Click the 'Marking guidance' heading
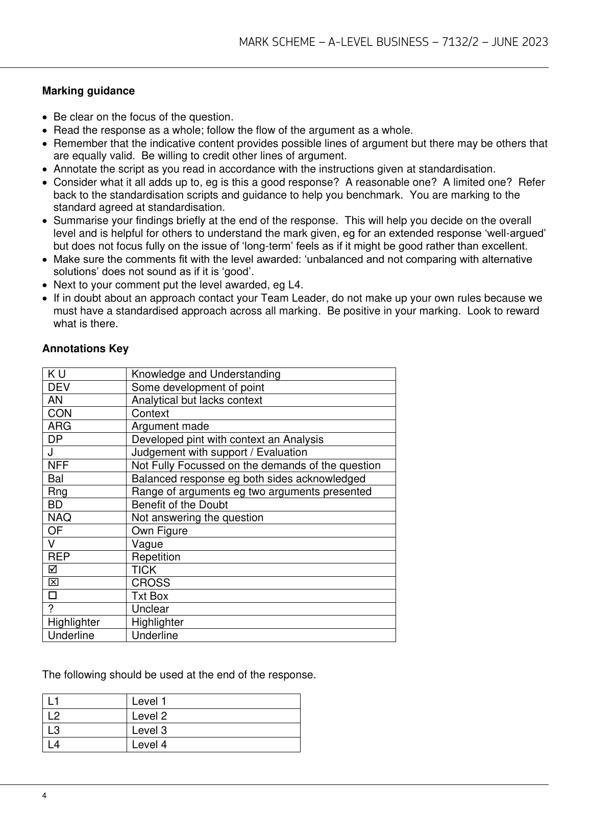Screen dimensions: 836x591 88,91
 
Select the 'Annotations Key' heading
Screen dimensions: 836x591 85,349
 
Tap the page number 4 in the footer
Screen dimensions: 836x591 45,796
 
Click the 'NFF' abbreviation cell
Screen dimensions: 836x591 58,465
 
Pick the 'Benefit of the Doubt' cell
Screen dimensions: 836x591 180,505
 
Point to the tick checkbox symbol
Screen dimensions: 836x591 52,570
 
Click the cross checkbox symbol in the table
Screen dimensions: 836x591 52,582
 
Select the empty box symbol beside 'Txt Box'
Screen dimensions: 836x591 52,596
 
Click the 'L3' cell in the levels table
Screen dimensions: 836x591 54,730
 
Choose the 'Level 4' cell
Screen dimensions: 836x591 149,745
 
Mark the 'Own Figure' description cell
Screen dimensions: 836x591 160,531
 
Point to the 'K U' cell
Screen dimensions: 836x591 57,374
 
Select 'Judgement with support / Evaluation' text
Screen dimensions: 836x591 219,452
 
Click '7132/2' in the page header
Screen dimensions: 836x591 458,42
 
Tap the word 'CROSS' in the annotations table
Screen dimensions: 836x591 151,583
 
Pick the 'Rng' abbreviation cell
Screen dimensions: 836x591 58,491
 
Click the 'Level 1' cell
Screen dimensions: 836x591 149,701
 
